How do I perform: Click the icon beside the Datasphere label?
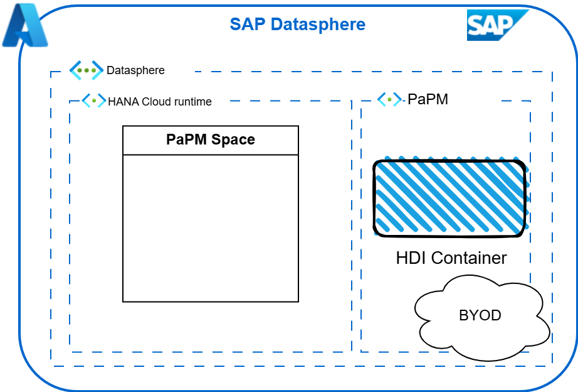pyautogui.click(x=86, y=70)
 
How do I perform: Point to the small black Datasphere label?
pyautogui.click(x=135, y=70)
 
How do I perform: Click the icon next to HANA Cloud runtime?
pyautogui.click(x=94, y=101)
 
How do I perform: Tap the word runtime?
pyautogui.click(x=192, y=101)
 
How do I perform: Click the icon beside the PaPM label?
pyautogui.click(x=389, y=99)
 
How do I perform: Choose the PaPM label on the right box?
pyautogui.click(x=428, y=99)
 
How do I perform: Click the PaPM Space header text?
pyautogui.click(x=211, y=139)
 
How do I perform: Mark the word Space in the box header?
pyautogui.click(x=234, y=139)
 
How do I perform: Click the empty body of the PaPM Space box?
pyautogui.click(x=211, y=227)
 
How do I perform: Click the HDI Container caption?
pyautogui.click(x=451, y=258)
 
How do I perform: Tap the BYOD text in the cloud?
pyautogui.click(x=480, y=315)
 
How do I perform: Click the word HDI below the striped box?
pyautogui.click(x=411, y=258)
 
